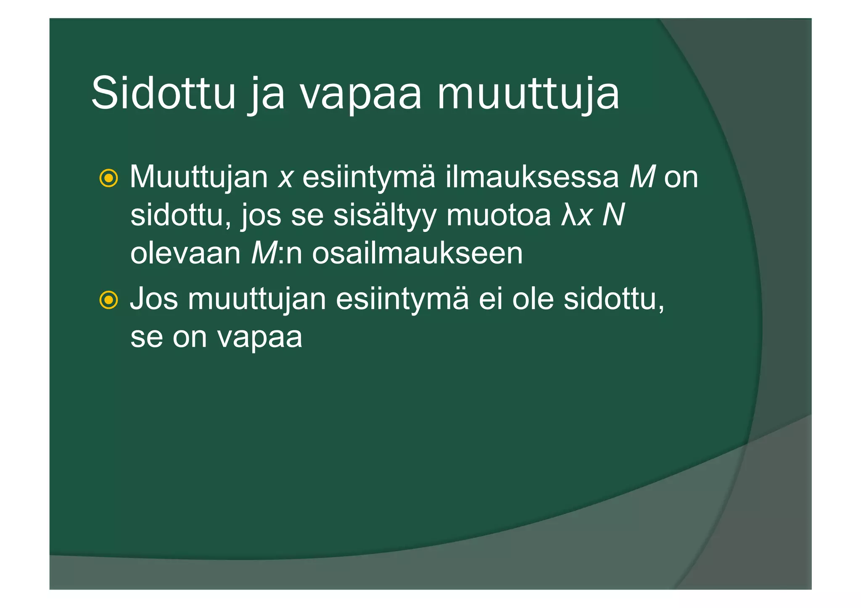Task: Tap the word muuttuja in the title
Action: (x=528, y=93)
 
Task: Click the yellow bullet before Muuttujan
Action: (x=108, y=178)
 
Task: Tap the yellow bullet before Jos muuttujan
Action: (x=108, y=300)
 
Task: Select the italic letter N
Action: (x=613, y=215)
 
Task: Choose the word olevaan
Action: (x=185, y=254)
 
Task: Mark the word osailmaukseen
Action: (x=417, y=254)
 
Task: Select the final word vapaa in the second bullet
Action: (x=259, y=338)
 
